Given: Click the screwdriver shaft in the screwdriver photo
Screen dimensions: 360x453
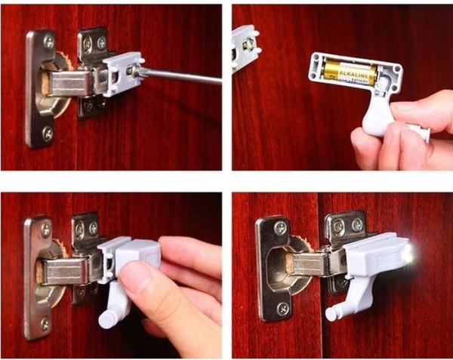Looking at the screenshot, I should point(181,76).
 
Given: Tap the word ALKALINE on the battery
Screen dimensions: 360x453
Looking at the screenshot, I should point(355,74).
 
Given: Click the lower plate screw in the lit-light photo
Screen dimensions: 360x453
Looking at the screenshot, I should point(283,308).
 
